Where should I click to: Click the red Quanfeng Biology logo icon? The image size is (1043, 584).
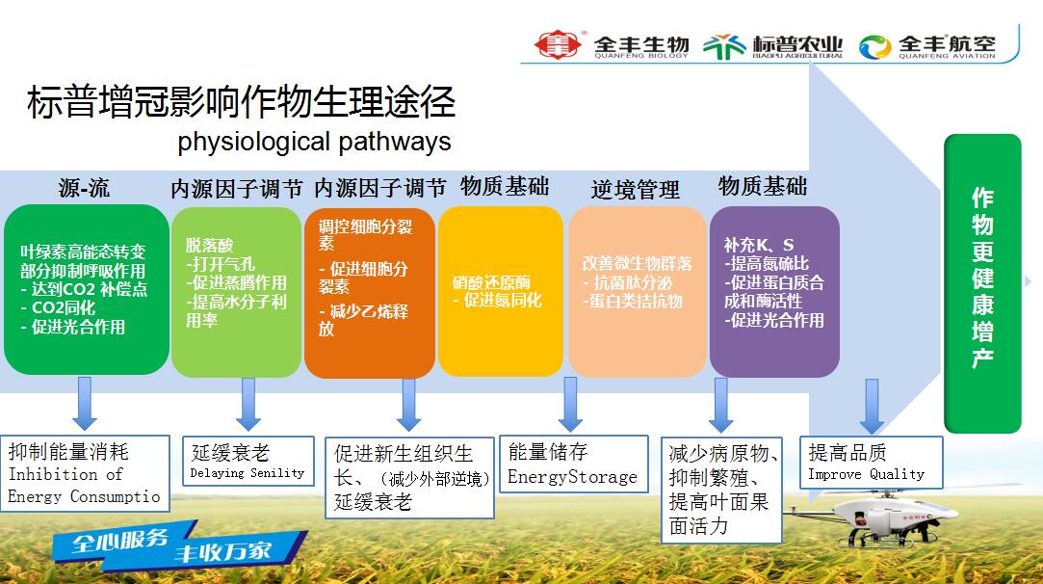coord(558,44)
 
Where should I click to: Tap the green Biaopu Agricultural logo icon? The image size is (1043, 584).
coord(724,46)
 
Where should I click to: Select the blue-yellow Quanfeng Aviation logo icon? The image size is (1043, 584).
coord(874,46)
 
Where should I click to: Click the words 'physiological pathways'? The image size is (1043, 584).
coord(314,142)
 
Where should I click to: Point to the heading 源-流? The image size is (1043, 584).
coord(84,188)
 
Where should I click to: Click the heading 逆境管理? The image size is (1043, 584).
coord(636,190)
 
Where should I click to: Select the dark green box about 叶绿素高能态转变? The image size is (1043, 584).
coord(87,290)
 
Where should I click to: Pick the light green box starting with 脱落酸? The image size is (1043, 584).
coord(236,292)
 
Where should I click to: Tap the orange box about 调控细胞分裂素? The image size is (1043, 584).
coord(369,293)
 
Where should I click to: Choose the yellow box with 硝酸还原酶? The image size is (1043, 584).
coord(500,291)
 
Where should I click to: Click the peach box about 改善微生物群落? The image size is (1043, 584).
coord(637,292)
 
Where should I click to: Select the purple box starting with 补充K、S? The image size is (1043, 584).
coord(774,291)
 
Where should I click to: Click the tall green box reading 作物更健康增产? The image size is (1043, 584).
coord(982,283)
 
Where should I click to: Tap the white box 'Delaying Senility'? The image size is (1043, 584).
coord(248,461)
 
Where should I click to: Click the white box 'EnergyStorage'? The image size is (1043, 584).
coord(573,465)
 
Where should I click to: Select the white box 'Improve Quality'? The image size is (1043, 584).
coord(872,463)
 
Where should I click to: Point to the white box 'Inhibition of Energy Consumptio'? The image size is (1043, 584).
coord(85,473)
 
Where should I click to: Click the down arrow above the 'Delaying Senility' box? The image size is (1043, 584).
coord(248,404)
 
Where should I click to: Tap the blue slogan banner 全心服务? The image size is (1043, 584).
coord(179,544)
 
